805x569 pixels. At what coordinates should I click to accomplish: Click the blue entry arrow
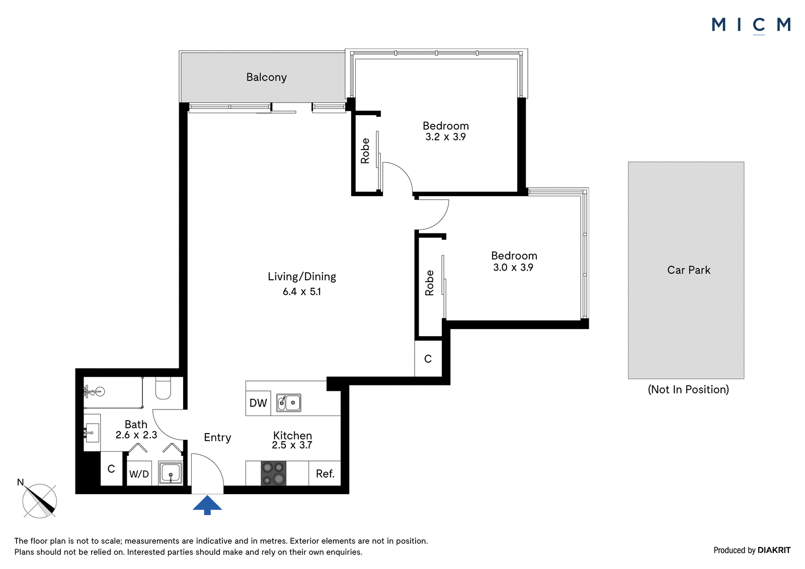pyautogui.click(x=207, y=505)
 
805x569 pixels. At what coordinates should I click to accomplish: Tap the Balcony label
pyautogui.click(x=266, y=77)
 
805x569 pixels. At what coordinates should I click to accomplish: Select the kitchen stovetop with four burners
pyautogui.click(x=274, y=473)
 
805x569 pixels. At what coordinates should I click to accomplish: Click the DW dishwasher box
pyautogui.click(x=258, y=403)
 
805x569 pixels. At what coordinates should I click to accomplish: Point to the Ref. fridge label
pyautogui.click(x=325, y=474)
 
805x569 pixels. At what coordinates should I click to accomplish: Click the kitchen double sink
pyautogui.click(x=289, y=402)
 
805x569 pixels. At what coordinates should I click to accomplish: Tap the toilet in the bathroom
pyautogui.click(x=163, y=388)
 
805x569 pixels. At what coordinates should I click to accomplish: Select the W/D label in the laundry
pyautogui.click(x=139, y=474)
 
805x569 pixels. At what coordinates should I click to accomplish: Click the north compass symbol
pyautogui.click(x=40, y=501)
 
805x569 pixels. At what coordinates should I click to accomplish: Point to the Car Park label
pyautogui.click(x=689, y=270)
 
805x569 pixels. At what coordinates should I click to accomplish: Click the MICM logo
pyautogui.click(x=751, y=25)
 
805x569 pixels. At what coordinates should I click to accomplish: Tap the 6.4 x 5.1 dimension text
pyautogui.click(x=301, y=291)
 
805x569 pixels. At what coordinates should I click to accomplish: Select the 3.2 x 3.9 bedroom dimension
pyautogui.click(x=446, y=137)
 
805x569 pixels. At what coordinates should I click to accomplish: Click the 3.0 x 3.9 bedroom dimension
pyautogui.click(x=513, y=268)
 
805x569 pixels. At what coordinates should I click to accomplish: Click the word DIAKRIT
pyautogui.click(x=774, y=550)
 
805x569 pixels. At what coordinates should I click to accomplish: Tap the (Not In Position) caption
pyautogui.click(x=688, y=389)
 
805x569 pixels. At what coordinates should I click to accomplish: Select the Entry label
pyautogui.click(x=217, y=438)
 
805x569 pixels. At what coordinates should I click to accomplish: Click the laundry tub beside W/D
pyautogui.click(x=171, y=473)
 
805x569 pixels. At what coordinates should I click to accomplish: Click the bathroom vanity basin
pyautogui.click(x=92, y=433)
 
